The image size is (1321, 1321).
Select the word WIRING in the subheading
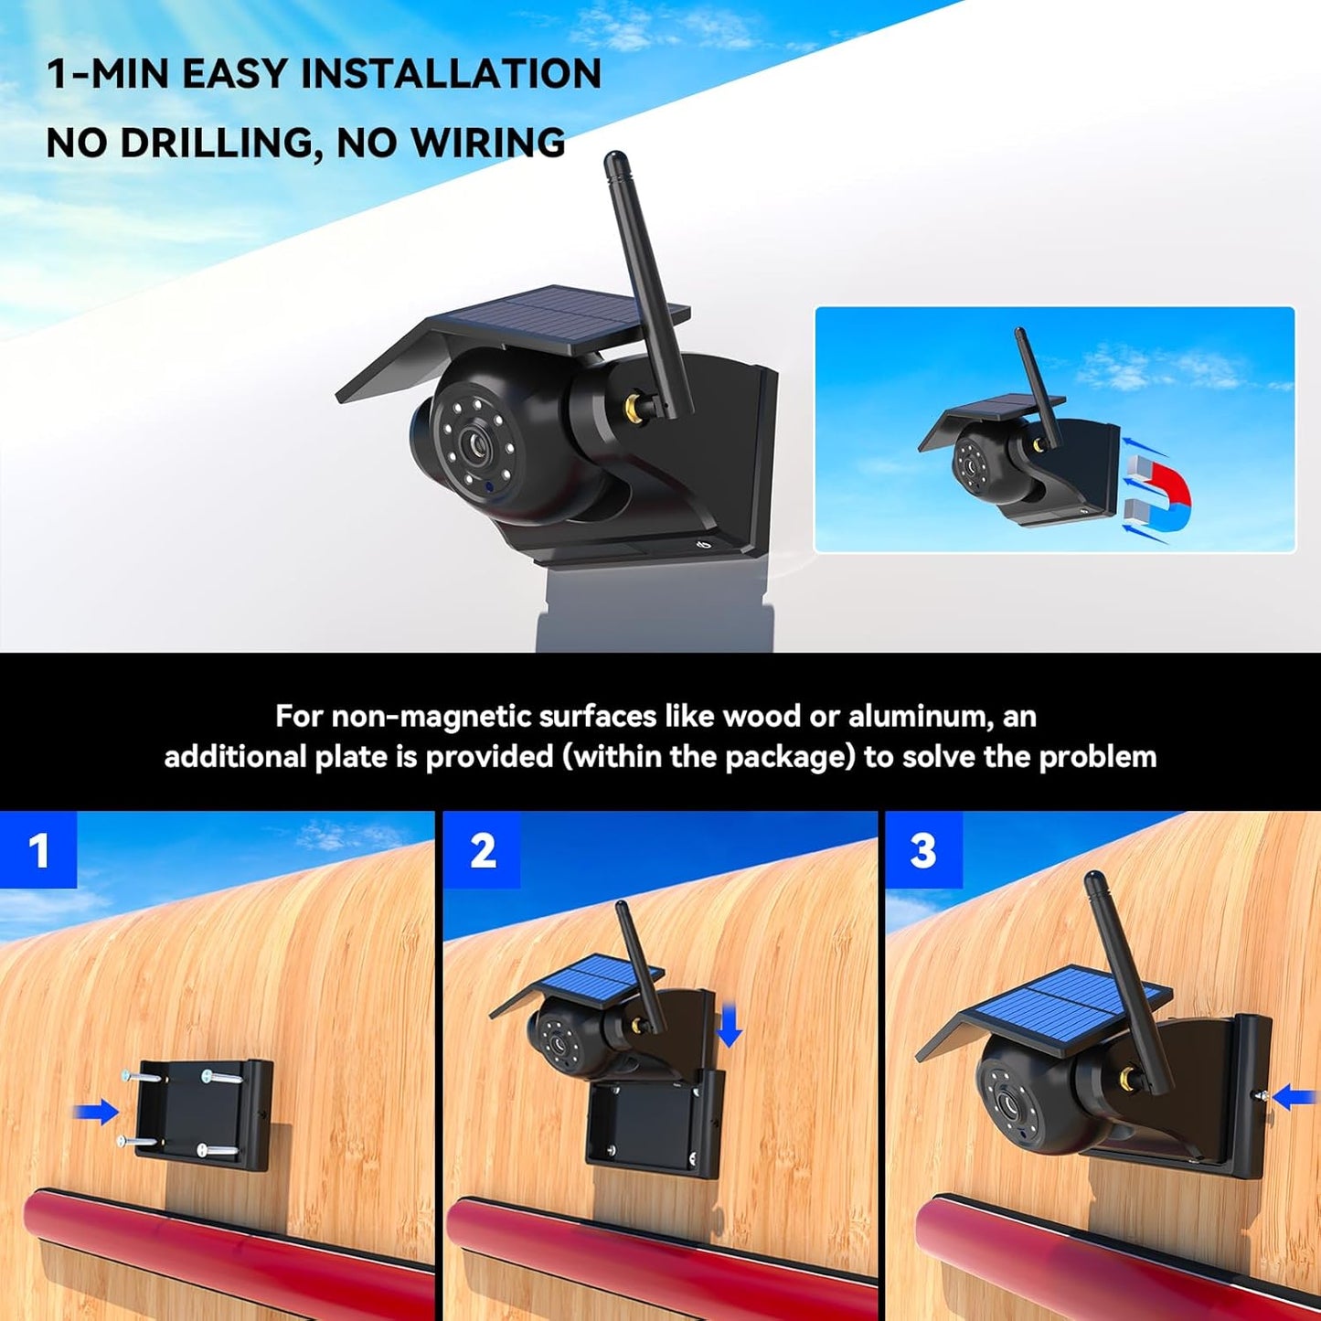pyautogui.click(x=487, y=144)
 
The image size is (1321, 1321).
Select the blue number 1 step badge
pyautogui.click(x=38, y=850)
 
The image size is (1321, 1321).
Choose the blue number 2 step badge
pyautogui.click(x=482, y=850)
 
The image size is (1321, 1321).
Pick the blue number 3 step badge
pyautogui.click(x=923, y=850)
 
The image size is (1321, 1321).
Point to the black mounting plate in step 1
pyautogui.click(x=203, y=1113)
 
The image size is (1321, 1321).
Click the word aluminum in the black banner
pyautogui.click(x=921, y=716)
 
